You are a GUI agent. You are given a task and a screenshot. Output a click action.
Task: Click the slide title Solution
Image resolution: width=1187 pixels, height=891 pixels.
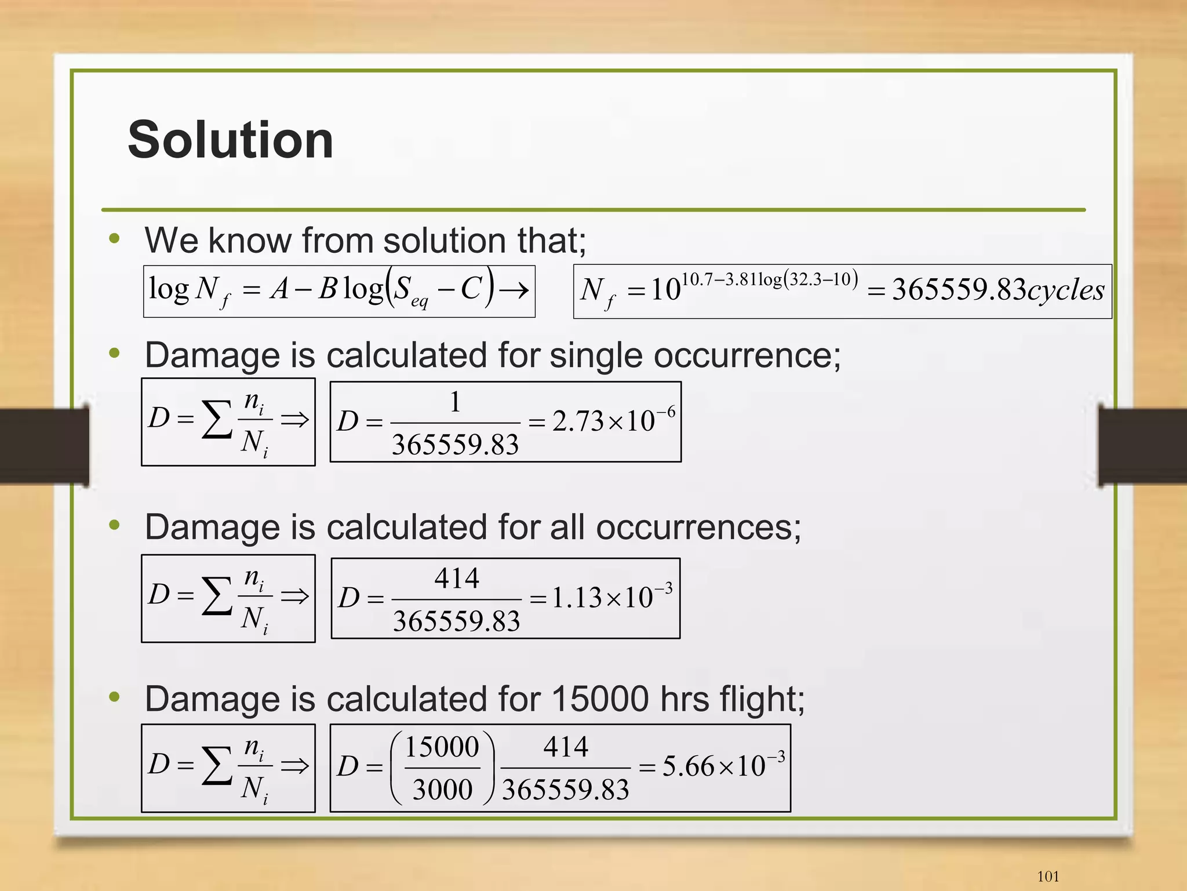(230, 140)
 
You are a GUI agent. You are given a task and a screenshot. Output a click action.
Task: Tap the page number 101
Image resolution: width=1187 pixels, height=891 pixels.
(1047, 876)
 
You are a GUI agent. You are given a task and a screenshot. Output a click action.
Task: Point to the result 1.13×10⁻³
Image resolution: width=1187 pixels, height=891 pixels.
(611, 597)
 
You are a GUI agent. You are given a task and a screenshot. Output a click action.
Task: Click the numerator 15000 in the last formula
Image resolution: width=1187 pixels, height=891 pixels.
(442, 747)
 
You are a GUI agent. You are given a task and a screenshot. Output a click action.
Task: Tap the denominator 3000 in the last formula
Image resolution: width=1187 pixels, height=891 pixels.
(442, 790)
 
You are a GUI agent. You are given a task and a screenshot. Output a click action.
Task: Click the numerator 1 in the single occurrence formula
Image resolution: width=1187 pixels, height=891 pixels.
(456, 402)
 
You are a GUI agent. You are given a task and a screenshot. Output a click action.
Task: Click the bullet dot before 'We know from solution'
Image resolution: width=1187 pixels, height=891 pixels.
(114, 238)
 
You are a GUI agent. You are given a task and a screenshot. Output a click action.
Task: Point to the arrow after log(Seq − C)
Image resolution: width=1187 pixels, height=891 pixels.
(514, 290)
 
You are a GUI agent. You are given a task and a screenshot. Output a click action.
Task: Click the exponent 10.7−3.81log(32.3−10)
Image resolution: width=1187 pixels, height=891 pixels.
(769, 280)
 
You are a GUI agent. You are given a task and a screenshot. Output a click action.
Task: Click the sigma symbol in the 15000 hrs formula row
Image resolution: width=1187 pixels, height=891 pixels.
(216, 765)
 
